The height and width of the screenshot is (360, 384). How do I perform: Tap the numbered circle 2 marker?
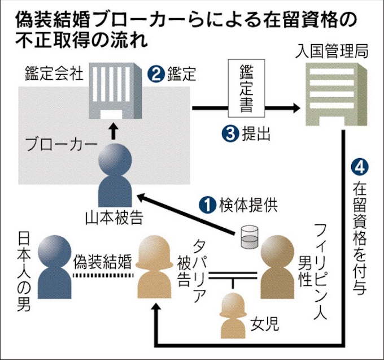tap(154, 74)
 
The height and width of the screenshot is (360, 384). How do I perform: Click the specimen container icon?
tap(247, 238)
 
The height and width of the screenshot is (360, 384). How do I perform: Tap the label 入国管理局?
tap(333, 53)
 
